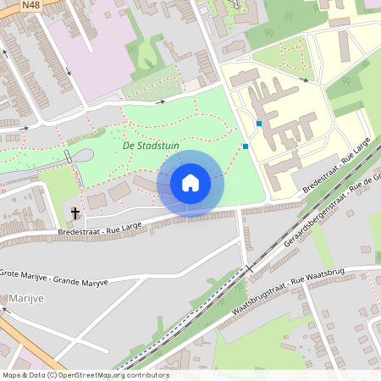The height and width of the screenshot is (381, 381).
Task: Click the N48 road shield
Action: tap(31, 5)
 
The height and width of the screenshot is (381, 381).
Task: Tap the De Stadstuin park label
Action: tap(147, 146)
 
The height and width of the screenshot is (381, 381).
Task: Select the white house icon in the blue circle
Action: tap(190, 183)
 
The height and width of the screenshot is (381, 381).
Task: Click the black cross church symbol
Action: tap(75, 213)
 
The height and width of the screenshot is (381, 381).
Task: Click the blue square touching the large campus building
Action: tap(259, 124)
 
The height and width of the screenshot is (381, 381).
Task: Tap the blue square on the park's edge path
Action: tap(246, 146)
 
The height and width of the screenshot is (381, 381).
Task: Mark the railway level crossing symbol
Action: tap(249, 269)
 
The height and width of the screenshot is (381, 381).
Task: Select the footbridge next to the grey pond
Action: tap(68, 157)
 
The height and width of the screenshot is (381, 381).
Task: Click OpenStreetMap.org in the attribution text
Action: tap(89, 375)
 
